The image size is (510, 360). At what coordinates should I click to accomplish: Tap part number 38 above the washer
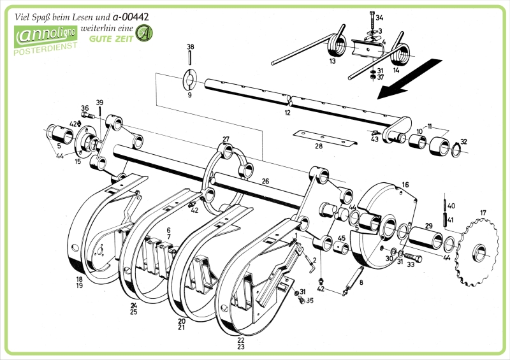[x=190, y=47]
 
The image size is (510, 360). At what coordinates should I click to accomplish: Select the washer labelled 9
[x=190, y=80]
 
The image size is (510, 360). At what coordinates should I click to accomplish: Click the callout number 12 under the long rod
[x=288, y=112]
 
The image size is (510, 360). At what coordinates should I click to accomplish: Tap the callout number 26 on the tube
[x=265, y=181]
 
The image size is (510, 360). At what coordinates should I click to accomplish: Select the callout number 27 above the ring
[x=226, y=139]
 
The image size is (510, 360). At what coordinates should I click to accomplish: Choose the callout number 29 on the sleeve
[x=429, y=226]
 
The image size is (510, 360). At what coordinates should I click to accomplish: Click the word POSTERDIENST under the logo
[x=45, y=51]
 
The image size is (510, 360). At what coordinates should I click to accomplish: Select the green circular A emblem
[x=146, y=32]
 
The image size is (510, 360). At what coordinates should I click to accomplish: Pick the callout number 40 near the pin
[x=451, y=206]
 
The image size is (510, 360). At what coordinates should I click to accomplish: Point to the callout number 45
[x=342, y=238]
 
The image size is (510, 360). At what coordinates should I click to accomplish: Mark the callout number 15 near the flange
[x=77, y=162]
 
